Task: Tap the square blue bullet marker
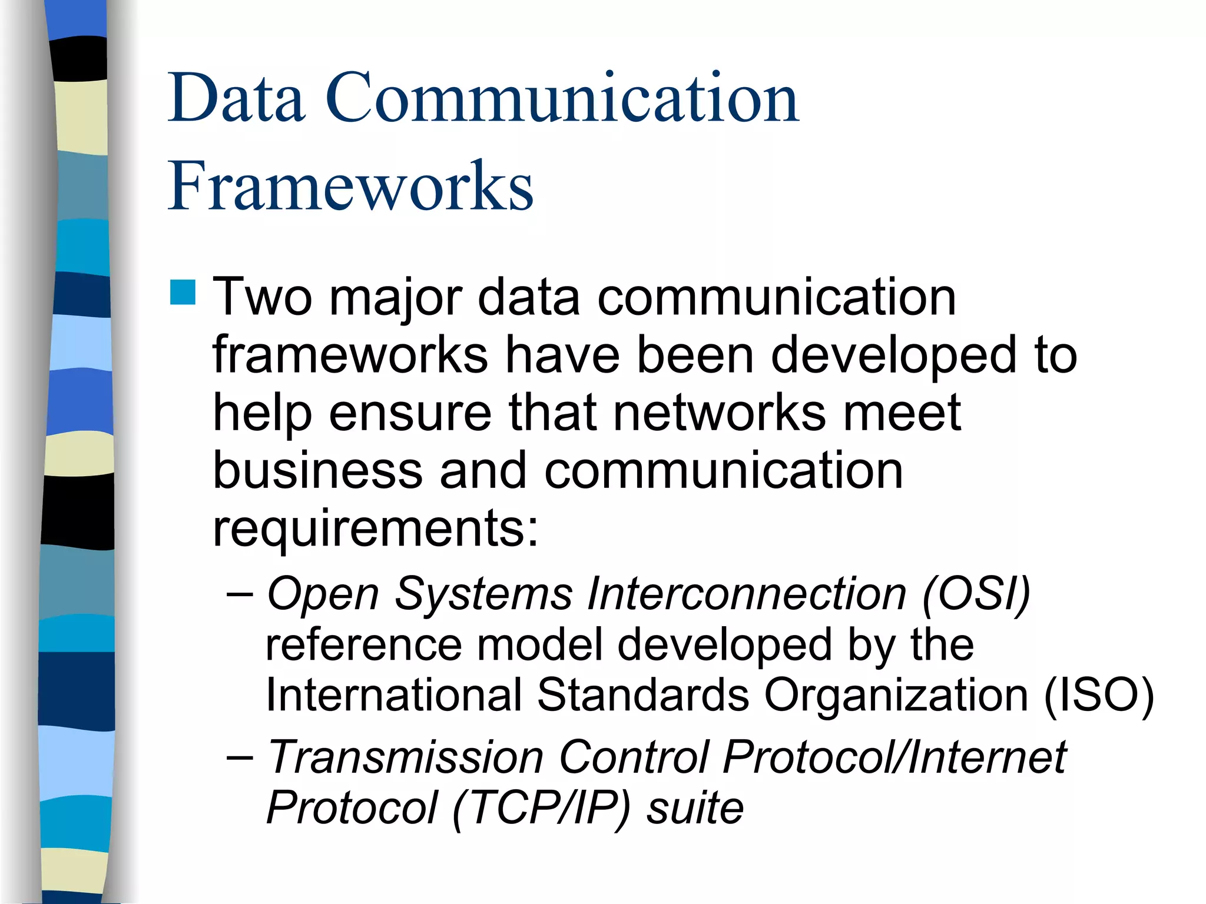(x=183, y=293)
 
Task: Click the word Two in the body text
(x=262, y=297)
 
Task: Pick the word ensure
(x=410, y=413)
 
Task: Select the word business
(x=318, y=470)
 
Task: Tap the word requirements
(x=375, y=529)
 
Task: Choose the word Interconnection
(x=746, y=593)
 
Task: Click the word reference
(x=364, y=645)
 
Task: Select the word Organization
(x=896, y=696)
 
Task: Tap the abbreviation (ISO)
(x=1098, y=696)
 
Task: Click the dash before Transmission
(x=240, y=757)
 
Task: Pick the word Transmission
(x=405, y=757)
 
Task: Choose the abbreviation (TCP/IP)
(x=541, y=809)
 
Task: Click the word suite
(x=695, y=809)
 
